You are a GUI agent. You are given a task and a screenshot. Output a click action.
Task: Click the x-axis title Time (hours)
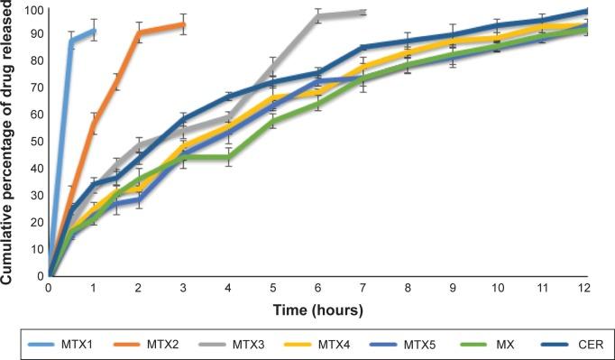pos(317,310)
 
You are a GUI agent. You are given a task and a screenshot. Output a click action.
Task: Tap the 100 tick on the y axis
pos(32,9)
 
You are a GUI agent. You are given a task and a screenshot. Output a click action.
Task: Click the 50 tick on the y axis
pos(35,143)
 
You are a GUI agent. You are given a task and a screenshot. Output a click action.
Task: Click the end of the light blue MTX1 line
pos(94,31)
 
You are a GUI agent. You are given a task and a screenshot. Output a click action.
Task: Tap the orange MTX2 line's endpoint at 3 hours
pos(184,24)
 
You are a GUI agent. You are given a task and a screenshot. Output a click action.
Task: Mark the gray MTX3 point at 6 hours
pos(318,15)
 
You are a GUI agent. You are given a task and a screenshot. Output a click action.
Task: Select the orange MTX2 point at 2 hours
pos(139,32)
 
